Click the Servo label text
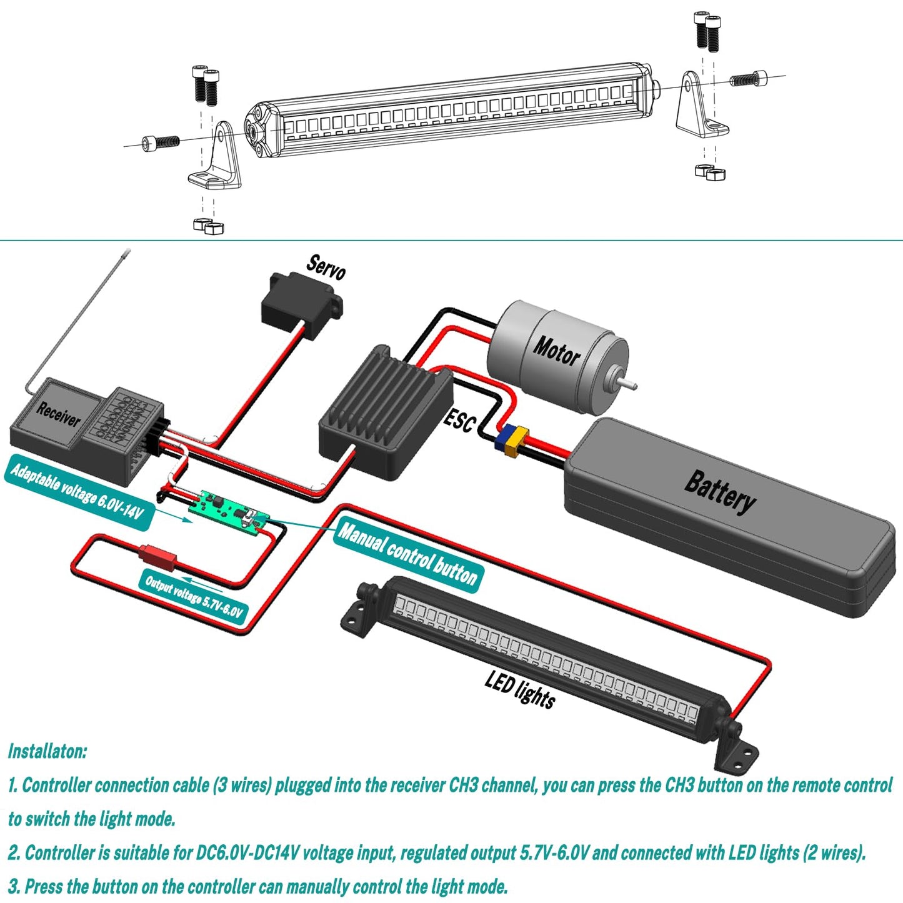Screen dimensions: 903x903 coord(326,267)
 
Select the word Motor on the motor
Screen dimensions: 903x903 coord(556,351)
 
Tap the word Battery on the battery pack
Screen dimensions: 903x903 coord(720,491)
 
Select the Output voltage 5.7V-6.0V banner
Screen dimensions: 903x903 coord(194,597)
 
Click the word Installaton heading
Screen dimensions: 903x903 coord(47,751)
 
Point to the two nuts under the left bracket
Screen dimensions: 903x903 coord(209,226)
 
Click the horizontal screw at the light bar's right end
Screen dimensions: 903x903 coord(748,79)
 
